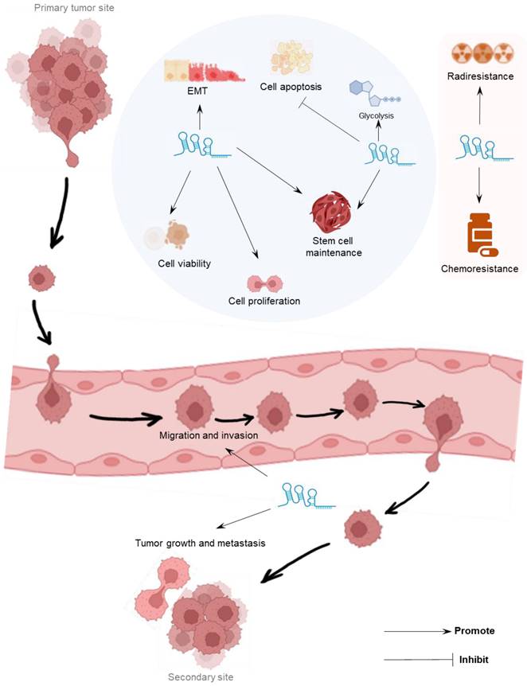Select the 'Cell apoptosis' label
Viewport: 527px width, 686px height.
tap(290, 87)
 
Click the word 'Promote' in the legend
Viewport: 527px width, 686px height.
tap(474, 631)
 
